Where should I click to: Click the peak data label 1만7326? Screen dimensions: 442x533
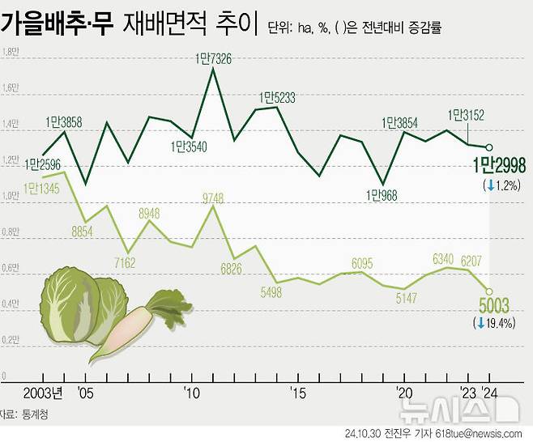tap(213, 58)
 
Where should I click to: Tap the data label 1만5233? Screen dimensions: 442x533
tap(277, 98)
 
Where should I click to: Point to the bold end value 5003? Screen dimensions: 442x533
tap(494, 306)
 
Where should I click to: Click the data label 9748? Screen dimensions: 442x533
tap(214, 198)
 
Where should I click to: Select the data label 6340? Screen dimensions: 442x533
tap(443, 259)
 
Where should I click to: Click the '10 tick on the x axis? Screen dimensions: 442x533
tap(192, 393)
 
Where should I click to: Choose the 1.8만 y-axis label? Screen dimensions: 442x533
tap(11, 53)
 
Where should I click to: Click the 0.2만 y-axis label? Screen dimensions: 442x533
tap(11, 341)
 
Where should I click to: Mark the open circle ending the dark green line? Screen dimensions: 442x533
tap(488, 147)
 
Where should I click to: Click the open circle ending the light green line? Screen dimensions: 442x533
tap(488, 291)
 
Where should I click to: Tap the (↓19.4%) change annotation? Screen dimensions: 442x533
tap(494, 323)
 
